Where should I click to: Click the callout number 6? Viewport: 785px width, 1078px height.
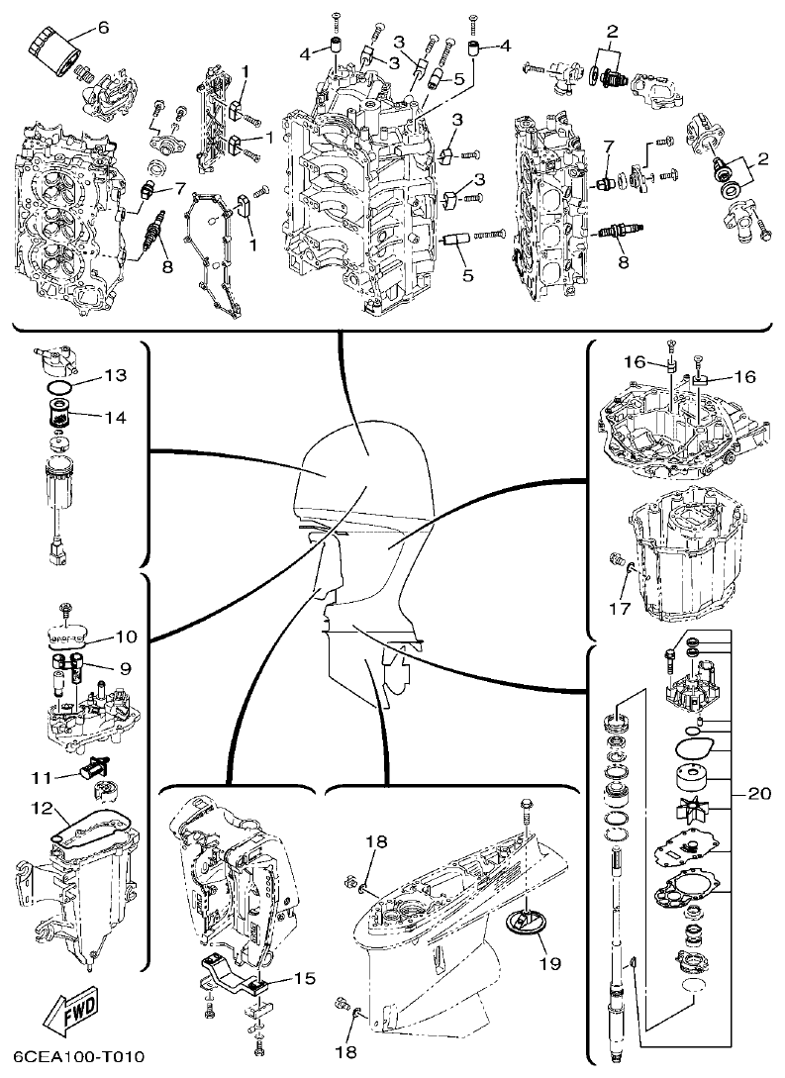point(103,27)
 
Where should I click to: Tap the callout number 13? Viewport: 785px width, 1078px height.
point(115,376)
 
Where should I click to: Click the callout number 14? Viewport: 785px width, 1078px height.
point(115,417)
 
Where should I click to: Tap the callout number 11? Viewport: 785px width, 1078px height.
point(42,775)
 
